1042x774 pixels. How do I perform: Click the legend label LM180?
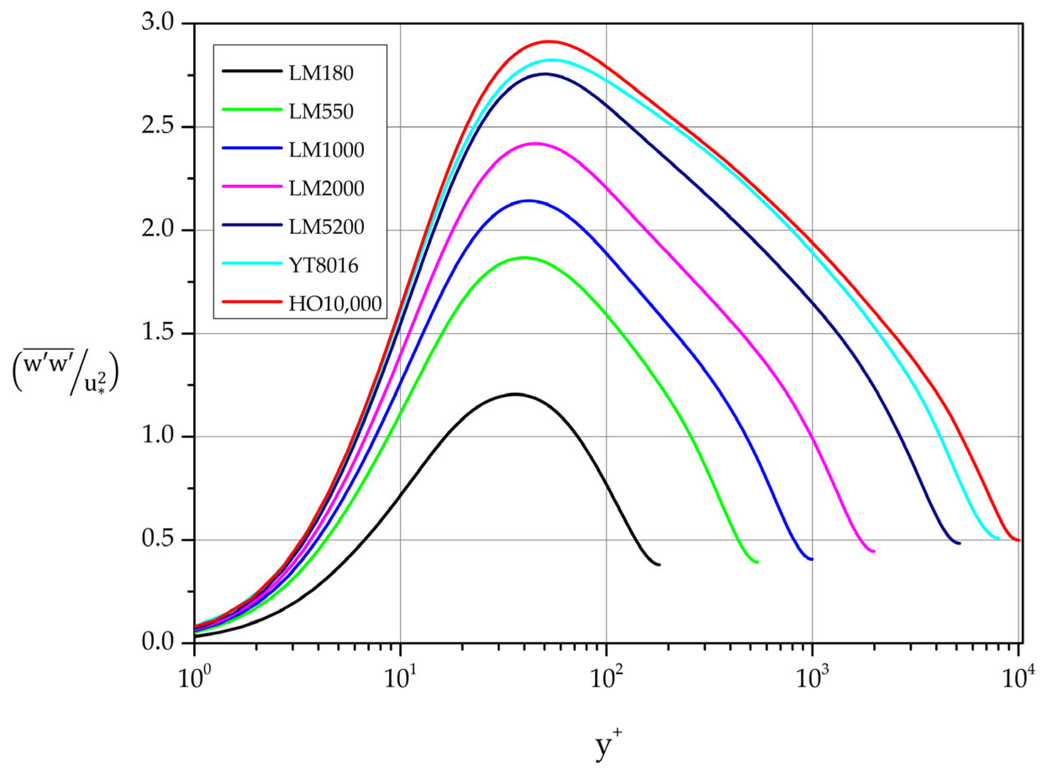coord(321,73)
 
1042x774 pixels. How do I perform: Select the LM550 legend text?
coord(321,112)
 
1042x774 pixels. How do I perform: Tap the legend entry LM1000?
coord(326,150)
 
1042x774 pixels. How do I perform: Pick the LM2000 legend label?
coord(326,189)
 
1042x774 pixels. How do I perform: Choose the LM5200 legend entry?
coord(326,227)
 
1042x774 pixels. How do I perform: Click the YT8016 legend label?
coord(324,266)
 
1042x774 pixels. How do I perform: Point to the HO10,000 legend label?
coord(335,304)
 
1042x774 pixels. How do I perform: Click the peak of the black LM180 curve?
coord(515,394)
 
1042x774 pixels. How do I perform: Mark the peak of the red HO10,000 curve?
coord(548,41)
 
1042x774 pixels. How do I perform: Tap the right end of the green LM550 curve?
coord(757,562)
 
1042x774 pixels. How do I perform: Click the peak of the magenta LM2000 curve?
coord(535,143)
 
